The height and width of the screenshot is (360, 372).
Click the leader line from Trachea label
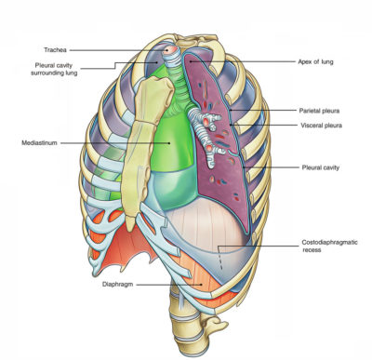click(x=130, y=49)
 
